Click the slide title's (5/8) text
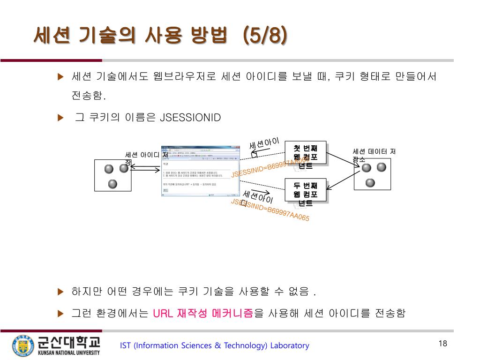(x=265, y=36)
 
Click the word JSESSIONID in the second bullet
(x=190, y=117)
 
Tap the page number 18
(x=443, y=344)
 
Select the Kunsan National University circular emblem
(x=22, y=346)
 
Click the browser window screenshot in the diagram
(x=196, y=173)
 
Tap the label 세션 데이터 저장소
(x=374, y=155)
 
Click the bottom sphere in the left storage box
(x=112, y=183)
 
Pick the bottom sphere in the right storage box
(x=370, y=182)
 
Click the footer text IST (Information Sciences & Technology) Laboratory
(x=215, y=346)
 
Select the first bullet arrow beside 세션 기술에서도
(x=60, y=77)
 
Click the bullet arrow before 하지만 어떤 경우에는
(x=60, y=292)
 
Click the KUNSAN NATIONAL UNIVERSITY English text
(x=69, y=352)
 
